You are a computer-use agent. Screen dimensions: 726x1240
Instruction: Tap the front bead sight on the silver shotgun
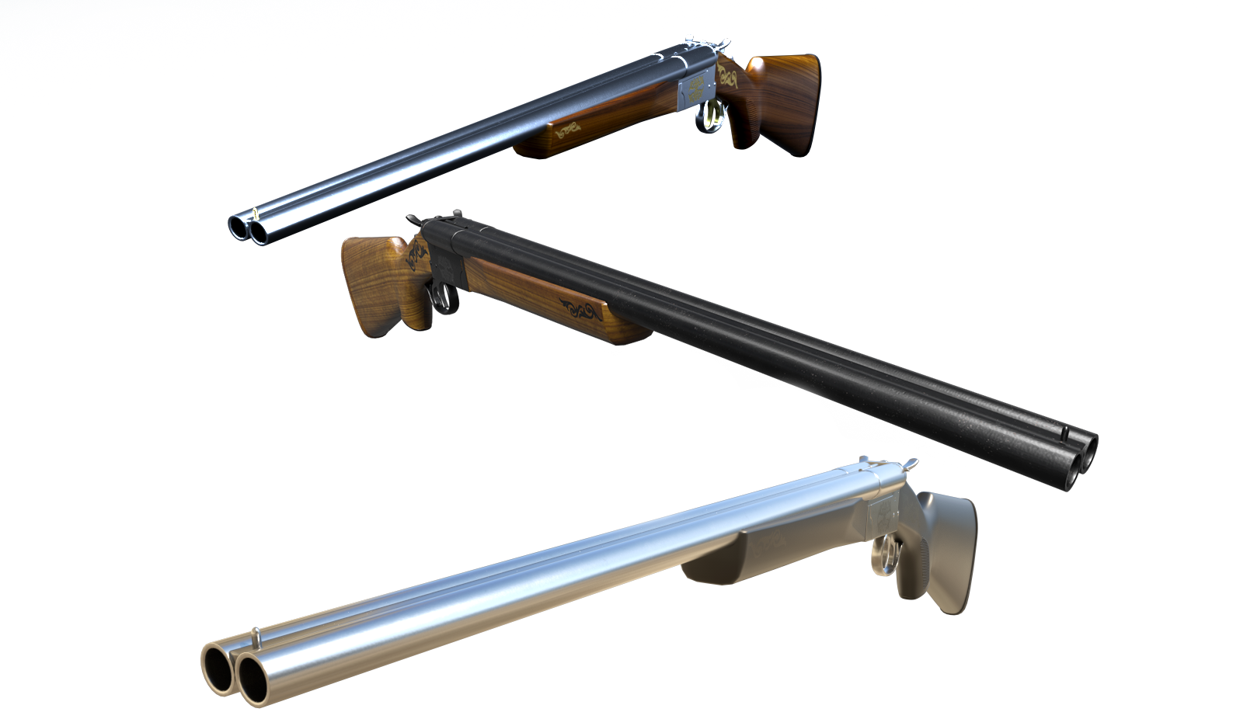[x=256, y=637]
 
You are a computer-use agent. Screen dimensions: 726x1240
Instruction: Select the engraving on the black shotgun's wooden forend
[x=581, y=311]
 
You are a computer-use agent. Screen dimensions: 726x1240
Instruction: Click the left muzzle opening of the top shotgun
[x=237, y=226]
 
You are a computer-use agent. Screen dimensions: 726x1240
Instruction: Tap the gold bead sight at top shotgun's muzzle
[x=256, y=210]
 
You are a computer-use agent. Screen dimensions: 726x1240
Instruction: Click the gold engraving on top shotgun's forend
[x=573, y=130]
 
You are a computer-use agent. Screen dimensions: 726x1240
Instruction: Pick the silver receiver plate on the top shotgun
[x=695, y=90]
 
